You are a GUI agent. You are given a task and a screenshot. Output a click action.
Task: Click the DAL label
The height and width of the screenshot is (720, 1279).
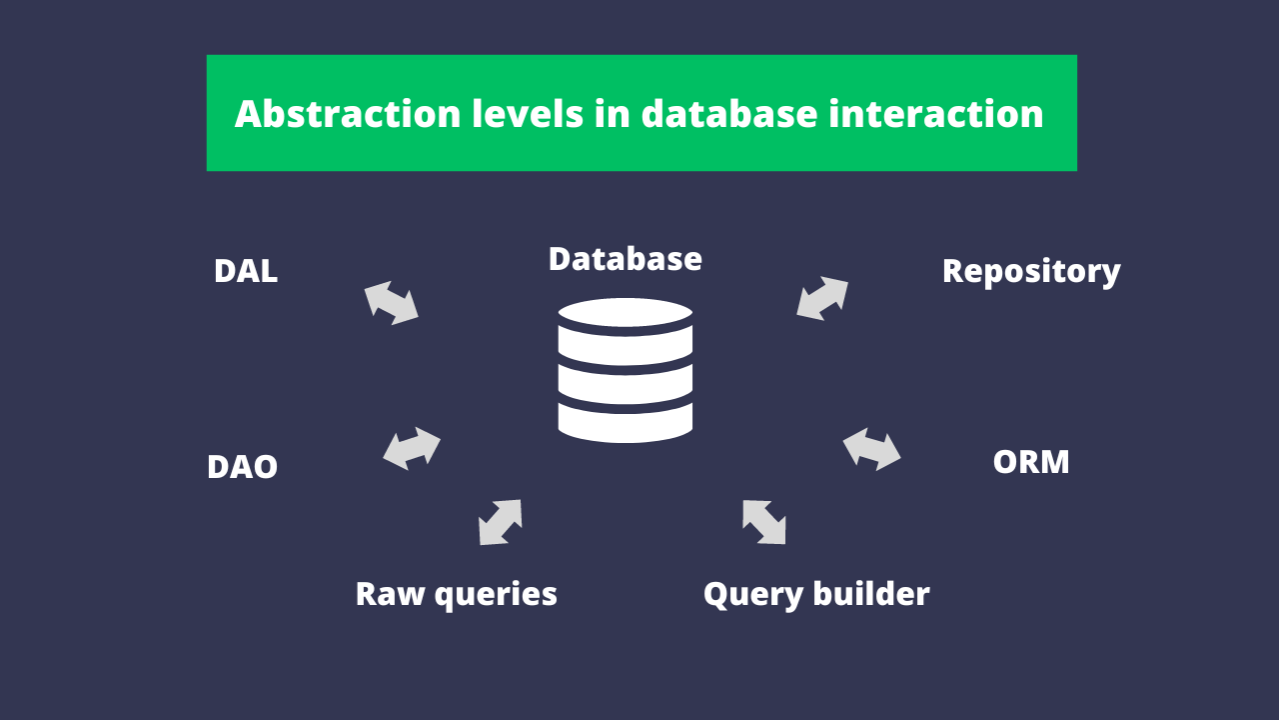(245, 272)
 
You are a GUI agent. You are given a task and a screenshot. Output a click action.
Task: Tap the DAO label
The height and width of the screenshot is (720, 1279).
(242, 467)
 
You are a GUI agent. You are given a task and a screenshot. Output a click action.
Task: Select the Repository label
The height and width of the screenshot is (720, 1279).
(1031, 272)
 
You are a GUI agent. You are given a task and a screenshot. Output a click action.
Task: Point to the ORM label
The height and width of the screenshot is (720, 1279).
(1031, 462)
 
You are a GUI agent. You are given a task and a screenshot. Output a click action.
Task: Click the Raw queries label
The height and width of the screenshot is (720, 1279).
(456, 594)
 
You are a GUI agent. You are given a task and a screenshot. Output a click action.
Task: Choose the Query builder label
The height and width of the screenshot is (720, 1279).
(816, 594)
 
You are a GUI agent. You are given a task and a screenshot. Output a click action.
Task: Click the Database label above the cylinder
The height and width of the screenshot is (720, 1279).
(625, 259)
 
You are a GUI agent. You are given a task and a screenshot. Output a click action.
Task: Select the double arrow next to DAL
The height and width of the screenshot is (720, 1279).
(391, 303)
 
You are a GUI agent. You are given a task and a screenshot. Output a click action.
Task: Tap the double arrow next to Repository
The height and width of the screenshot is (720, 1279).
(822, 299)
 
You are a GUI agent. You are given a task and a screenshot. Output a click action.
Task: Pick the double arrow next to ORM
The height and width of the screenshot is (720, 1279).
(871, 449)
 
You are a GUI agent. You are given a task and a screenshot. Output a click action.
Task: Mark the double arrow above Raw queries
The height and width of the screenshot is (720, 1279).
(501, 522)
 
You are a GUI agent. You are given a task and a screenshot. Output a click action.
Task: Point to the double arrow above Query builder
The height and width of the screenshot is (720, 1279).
(763, 522)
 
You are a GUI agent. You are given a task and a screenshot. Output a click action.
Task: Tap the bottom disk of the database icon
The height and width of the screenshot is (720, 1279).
(625, 422)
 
